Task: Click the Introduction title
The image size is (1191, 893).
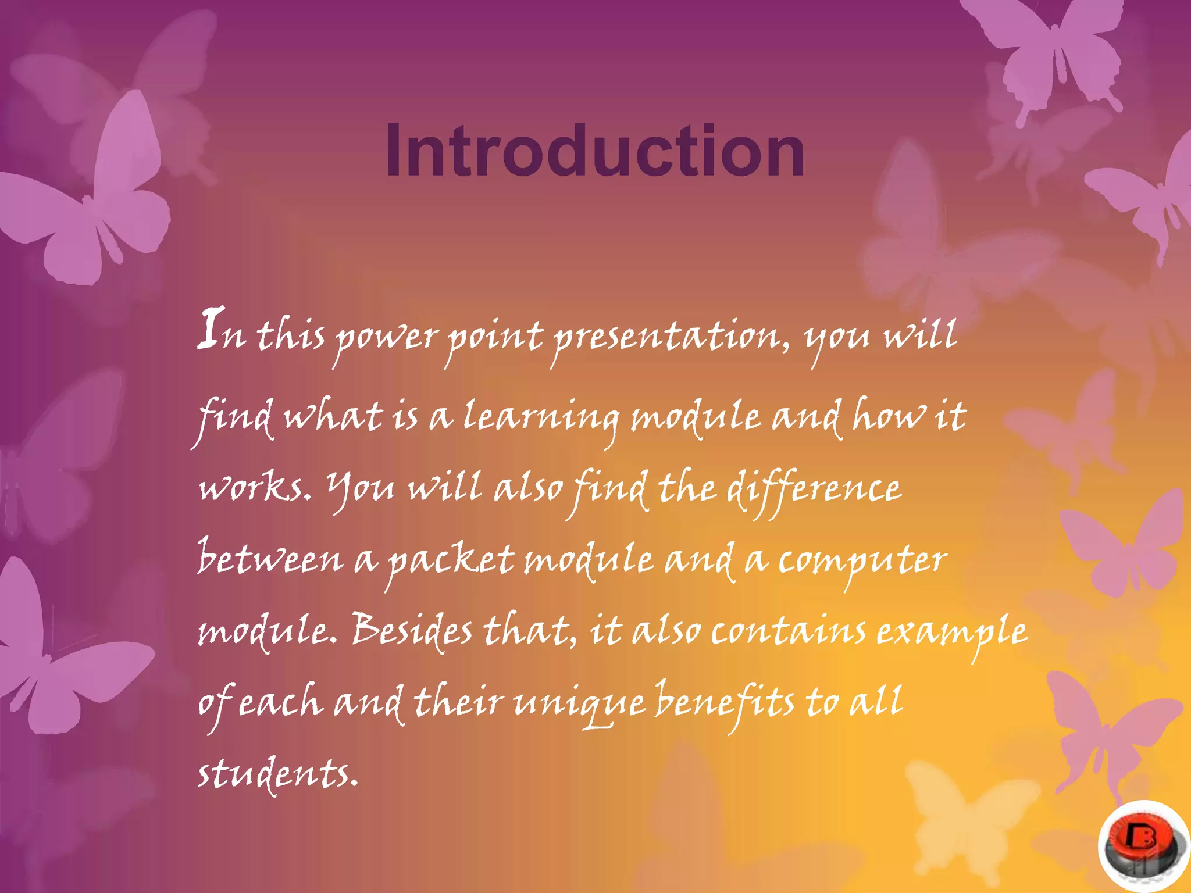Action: (x=595, y=151)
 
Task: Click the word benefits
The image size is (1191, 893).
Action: (x=725, y=702)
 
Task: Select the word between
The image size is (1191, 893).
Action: (x=271, y=560)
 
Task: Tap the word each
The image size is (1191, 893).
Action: (x=280, y=702)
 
